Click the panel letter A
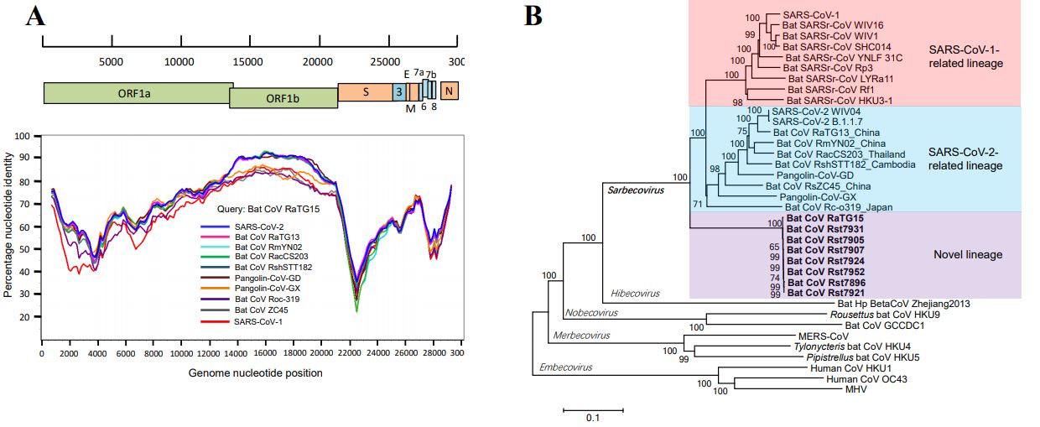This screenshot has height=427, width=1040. point(35,17)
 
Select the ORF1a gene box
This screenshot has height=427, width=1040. point(138,93)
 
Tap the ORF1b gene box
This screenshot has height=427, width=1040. point(283,98)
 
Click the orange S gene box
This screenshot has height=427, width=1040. point(366,92)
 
